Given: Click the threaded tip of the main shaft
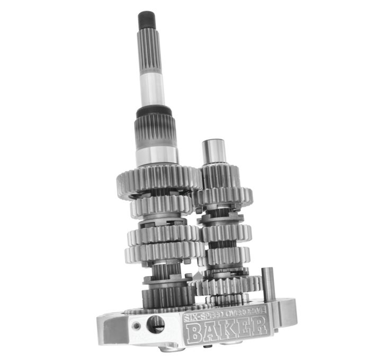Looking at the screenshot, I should (146, 21).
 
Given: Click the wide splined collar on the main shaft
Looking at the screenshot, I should (156, 132).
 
